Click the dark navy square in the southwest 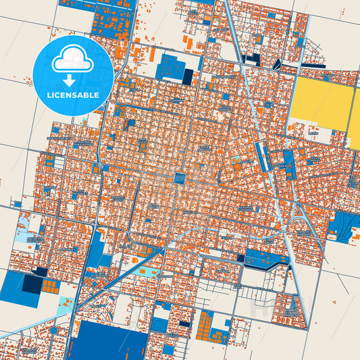tap(31, 285)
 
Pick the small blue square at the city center tap(180, 179)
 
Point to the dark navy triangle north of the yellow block tap(278, 65)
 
